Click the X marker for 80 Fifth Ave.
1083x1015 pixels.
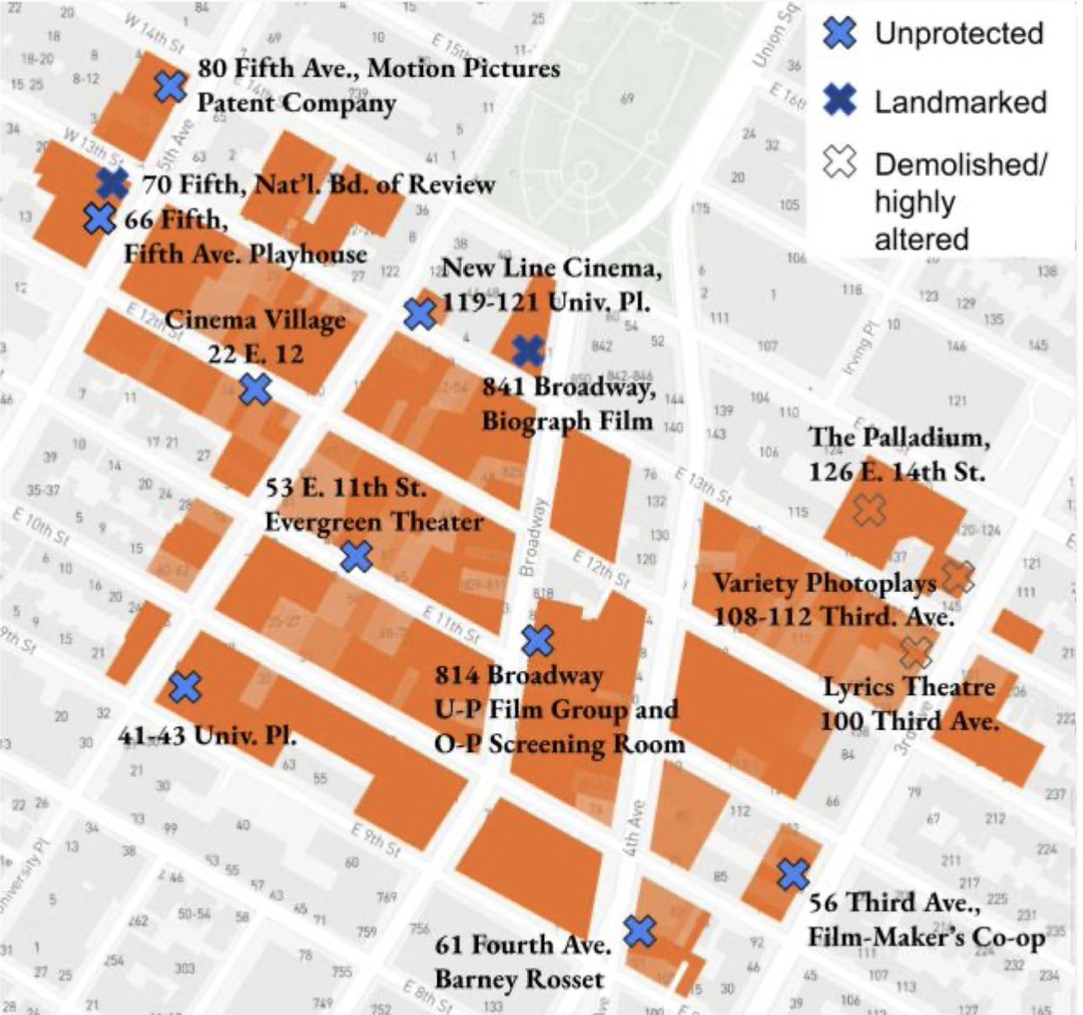pos(169,87)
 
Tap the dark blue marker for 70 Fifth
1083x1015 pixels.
pos(113,183)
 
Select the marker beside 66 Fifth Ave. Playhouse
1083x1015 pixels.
pos(99,218)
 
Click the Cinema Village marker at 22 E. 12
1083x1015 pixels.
pos(255,389)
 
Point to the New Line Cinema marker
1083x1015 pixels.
pos(420,314)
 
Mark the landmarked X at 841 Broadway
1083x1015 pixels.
pos(527,352)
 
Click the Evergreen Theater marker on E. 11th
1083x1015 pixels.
pos(356,556)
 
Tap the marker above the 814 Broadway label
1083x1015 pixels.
pos(537,641)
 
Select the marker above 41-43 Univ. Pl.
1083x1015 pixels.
pos(185,687)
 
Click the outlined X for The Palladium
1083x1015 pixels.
pos(869,510)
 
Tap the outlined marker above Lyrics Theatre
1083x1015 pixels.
pos(916,651)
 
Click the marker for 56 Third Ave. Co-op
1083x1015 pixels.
pos(792,873)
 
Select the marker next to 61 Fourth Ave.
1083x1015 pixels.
pos(640,930)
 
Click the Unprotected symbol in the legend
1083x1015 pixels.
pos(839,33)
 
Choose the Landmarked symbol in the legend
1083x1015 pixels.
pos(839,101)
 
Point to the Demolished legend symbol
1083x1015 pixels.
pos(839,163)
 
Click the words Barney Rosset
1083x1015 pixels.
pos(518,980)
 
